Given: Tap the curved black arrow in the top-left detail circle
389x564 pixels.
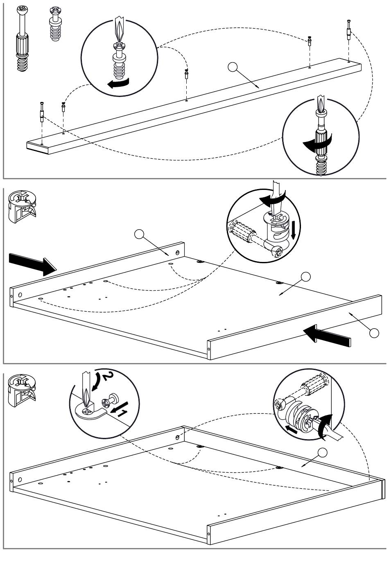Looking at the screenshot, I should click(118, 83).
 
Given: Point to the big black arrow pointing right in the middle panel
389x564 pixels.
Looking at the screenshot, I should click(32, 263).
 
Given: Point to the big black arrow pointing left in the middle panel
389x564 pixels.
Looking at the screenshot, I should click(328, 333).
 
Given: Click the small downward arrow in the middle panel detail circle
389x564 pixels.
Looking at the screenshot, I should click(294, 230).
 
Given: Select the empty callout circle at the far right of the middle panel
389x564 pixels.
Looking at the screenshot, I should click(374, 333).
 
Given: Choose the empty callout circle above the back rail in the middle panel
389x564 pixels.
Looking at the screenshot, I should click(140, 235).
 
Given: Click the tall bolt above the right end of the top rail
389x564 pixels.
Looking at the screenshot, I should click(348, 29).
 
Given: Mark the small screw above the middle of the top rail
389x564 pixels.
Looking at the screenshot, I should click(187, 74).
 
